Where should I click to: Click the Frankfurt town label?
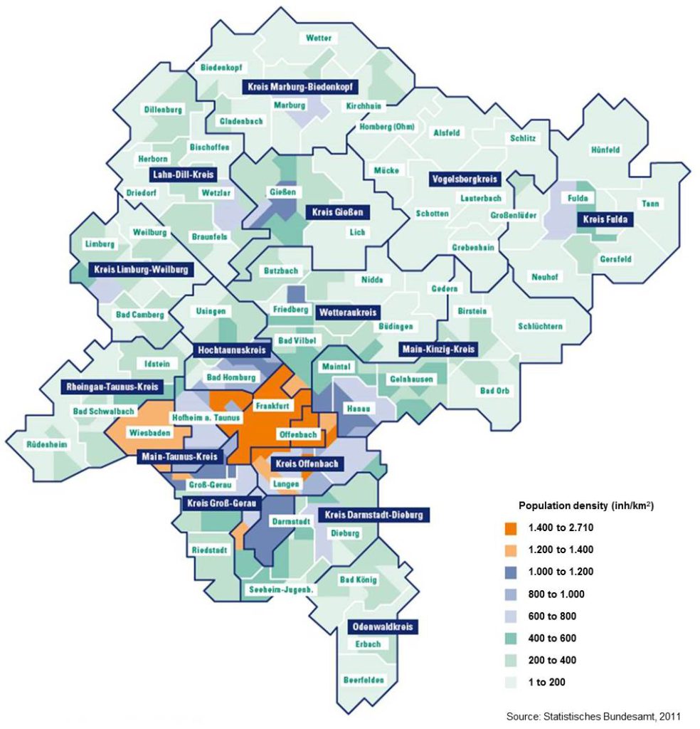pos(271,406)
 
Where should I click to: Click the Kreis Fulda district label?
pos(605,220)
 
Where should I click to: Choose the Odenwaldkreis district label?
pos(383,627)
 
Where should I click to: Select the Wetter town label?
pos(318,38)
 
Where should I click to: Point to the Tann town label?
pos(650,204)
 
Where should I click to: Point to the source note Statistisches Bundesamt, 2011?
pos(597,715)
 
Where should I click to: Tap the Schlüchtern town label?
pos(541,326)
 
